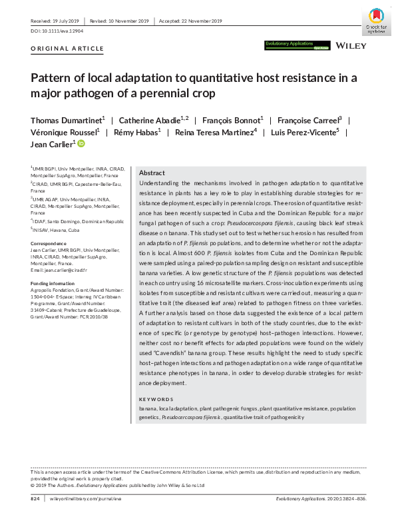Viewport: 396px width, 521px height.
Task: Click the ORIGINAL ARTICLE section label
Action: (67, 49)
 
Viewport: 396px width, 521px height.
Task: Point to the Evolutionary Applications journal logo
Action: (290, 45)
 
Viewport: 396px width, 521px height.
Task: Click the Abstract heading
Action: (152, 173)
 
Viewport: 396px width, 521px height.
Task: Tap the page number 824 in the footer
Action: (37, 499)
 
